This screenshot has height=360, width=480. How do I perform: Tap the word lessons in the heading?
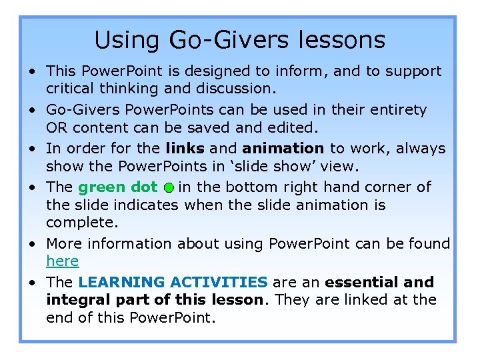tap(343, 41)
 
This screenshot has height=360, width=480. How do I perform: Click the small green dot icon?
tap(169, 188)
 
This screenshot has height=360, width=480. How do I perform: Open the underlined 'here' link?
tap(62, 261)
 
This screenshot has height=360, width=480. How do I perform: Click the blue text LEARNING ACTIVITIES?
tap(173, 282)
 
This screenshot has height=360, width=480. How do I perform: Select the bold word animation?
tap(283, 148)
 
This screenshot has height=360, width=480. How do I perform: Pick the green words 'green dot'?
tap(118, 187)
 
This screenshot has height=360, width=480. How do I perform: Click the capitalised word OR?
tap(55, 127)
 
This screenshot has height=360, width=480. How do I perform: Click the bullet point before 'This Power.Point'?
tap(32, 71)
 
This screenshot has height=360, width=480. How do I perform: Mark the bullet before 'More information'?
tap(32, 244)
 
